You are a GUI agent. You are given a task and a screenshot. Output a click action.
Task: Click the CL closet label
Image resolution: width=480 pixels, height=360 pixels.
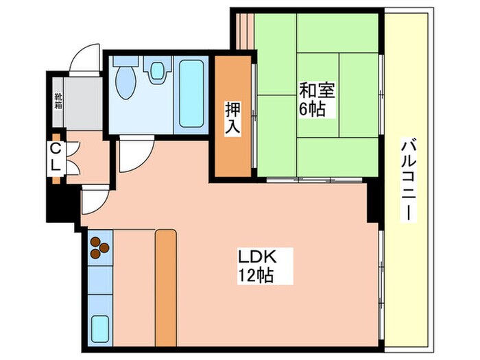(56, 156)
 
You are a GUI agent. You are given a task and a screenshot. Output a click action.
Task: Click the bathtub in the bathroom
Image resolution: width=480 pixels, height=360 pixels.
(191, 93)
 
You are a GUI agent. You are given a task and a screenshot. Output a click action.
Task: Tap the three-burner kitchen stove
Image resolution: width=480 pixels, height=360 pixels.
(100, 248)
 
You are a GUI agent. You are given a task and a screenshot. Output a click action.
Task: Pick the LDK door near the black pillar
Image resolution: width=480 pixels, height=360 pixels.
(93, 199)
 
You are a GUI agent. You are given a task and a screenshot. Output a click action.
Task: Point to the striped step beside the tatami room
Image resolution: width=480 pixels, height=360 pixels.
(243, 31)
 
